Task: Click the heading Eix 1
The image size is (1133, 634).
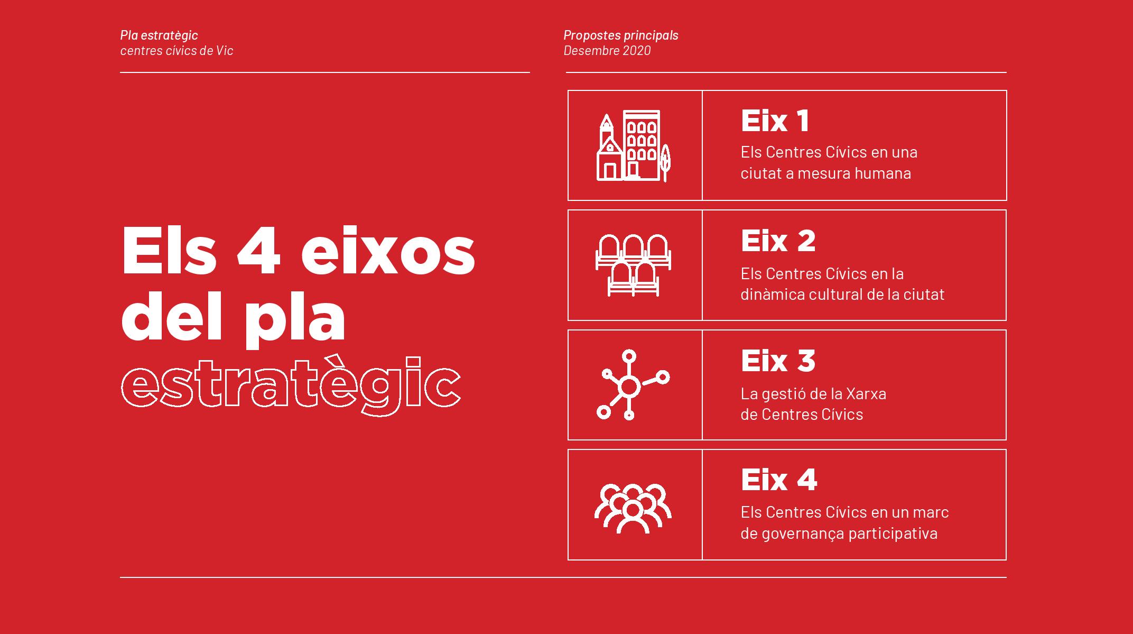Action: (x=775, y=121)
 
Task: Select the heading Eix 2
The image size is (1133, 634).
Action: (x=778, y=241)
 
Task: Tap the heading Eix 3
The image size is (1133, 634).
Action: (x=778, y=361)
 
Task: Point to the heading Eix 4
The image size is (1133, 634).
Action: (x=779, y=480)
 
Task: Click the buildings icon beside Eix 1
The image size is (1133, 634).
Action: (x=634, y=145)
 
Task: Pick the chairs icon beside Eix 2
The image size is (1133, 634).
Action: (x=634, y=265)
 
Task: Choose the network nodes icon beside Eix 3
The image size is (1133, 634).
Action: (x=633, y=385)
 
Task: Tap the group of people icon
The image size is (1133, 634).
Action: (x=633, y=508)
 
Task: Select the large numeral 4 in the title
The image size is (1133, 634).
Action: (x=258, y=252)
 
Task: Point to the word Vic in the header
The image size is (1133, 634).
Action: (x=225, y=51)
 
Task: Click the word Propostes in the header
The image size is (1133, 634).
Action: (x=591, y=35)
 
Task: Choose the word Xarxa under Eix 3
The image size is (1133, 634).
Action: (x=866, y=393)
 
